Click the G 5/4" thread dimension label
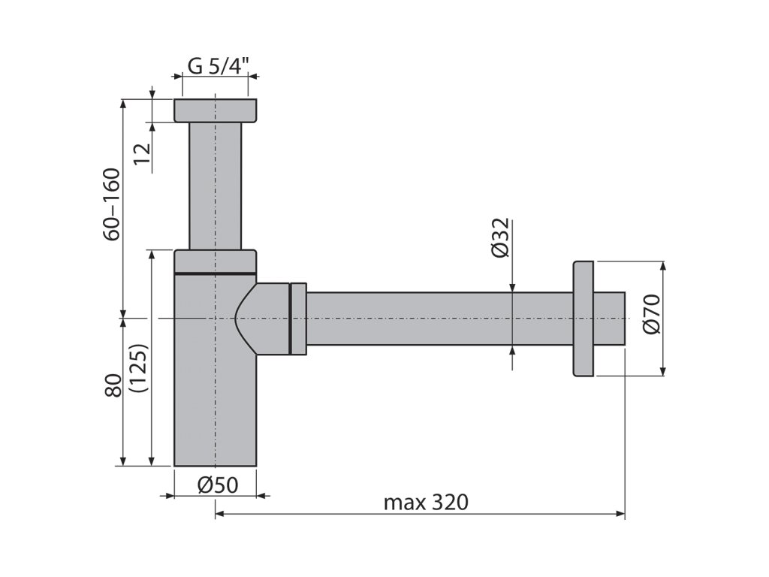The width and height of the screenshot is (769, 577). pos(219,65)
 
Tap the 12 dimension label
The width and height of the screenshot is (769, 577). pos(142,154)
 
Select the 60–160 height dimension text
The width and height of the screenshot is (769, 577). pos(112,204)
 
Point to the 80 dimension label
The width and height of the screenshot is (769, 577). pos(113,385)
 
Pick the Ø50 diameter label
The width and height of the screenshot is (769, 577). pos(218,485)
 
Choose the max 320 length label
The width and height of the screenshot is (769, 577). pos(426,502)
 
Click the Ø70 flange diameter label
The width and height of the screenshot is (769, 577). pos(652,314)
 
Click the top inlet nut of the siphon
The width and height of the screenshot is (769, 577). pos(216,111)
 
